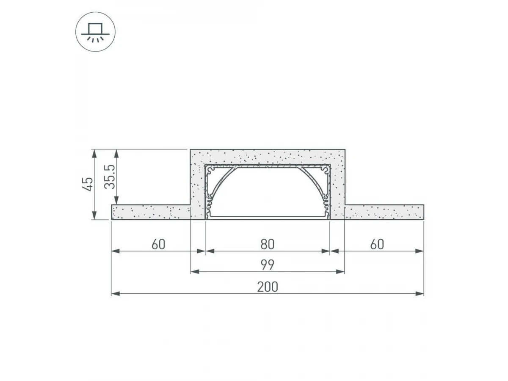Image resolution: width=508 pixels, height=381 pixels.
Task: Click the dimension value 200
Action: (267, 287)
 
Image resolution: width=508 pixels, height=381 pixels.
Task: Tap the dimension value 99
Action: (267, 265)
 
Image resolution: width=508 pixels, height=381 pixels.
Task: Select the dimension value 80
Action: (267, 244)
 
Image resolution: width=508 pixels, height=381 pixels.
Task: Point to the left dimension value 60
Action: (158, 244)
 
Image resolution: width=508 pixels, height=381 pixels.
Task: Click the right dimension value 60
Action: (377, 244)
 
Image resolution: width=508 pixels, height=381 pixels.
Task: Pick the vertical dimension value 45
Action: (88, 184)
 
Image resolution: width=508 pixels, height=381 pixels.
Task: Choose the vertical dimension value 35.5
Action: (110, 177)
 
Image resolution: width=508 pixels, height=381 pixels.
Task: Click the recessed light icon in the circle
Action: (95, 32)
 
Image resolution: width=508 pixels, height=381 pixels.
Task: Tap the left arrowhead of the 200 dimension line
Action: (116, 293)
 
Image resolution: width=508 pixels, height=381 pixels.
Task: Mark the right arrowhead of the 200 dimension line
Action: (420, 293)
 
